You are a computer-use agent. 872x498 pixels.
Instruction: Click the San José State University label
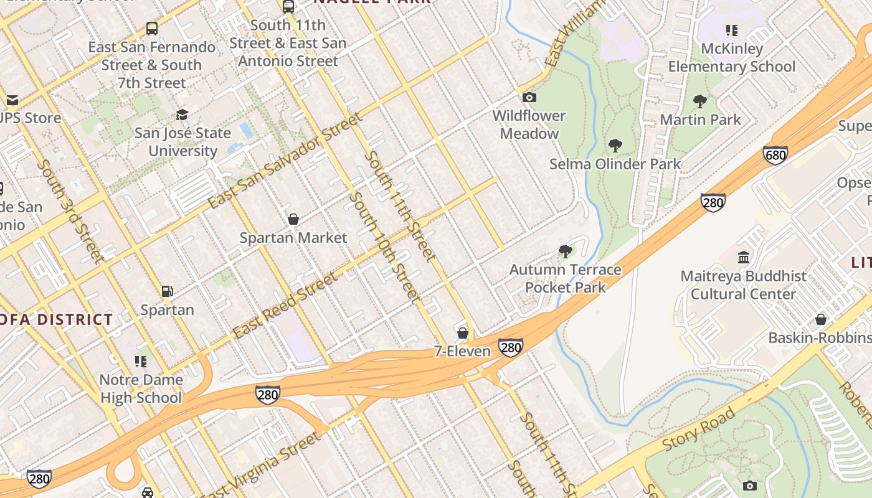coord(182,142)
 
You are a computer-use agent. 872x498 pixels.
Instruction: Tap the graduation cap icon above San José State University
coord(182,115)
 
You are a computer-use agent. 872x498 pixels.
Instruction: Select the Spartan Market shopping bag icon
coord(293,219)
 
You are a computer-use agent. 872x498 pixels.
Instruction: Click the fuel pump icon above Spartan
coord(167,291)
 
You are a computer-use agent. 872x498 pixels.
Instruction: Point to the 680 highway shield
coord(775,155)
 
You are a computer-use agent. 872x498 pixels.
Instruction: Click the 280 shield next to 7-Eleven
coord(510,347)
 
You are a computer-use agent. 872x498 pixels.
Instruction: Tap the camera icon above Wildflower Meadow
coord(529,97)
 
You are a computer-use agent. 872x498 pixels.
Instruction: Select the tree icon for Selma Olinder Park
coord(615,146)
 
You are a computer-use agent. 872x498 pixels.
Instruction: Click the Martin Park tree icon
coord(700,101)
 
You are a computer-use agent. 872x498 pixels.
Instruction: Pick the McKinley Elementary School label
coord(732,57)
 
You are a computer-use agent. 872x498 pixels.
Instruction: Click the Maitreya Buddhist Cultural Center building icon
coord(744,257)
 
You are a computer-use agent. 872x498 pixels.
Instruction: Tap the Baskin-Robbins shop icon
coord(821,319)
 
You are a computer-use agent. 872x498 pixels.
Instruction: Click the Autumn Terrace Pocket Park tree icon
coord(565,251)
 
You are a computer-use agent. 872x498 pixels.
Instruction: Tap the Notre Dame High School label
coord(141,388)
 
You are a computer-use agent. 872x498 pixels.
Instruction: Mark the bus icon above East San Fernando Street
coord(152,28)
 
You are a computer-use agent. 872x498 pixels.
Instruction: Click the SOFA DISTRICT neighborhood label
coord(56,320)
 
